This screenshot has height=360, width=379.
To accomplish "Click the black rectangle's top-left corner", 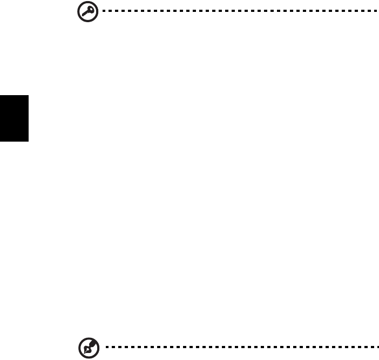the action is [x=1, y=96].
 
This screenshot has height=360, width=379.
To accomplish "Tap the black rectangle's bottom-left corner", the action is [x=1, y=142].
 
